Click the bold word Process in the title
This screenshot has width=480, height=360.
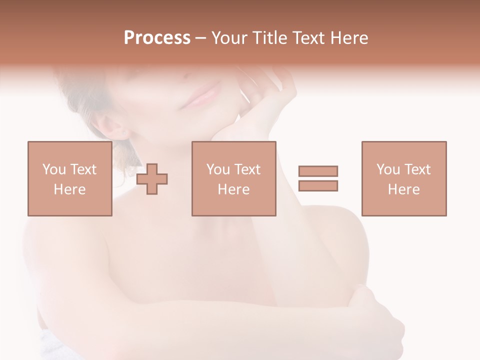tap(157, 38)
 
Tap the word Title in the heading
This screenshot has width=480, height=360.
tap(268, 38)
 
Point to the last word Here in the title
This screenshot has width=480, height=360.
tap(349, 38)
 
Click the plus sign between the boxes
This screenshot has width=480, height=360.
tap(152, 178)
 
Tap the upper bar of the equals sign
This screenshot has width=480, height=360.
tap(318, 171)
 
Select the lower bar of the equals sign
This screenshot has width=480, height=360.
tap(318, 185)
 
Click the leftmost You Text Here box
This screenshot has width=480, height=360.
tap(69, 178)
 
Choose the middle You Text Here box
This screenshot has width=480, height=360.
tap(233, 178)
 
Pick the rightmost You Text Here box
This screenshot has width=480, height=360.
tap(403, 178)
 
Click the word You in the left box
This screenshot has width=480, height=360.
tap(54, 169)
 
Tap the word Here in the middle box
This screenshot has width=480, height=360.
tap(233, 189)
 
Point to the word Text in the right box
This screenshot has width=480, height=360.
tap(417, 169)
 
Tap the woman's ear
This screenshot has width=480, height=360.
tap(116, 127)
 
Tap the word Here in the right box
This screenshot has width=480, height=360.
tap(403, 189)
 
